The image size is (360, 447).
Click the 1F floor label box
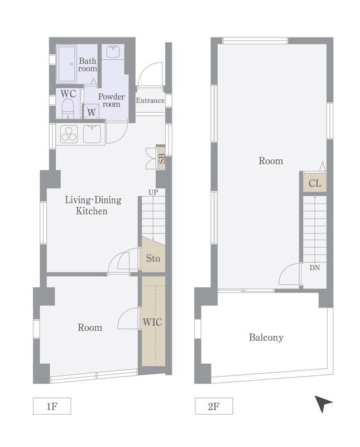pos(52,406)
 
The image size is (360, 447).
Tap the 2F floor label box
pos(214,406)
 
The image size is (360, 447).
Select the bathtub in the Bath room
pos(67,64)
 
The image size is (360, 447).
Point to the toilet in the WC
pos(68,108)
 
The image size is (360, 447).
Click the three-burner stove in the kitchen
pos(69,134)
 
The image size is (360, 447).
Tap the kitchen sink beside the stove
pos(92,134)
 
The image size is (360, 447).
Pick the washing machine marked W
pos(91,111)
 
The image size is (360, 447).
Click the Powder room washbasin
pos(113,52)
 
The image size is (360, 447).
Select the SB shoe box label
pos(161,159)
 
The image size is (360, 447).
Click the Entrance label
pos(150,101)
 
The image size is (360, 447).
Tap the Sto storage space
pos(153,255)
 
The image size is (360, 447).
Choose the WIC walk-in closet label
pos(152,322)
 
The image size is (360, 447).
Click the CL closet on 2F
pos(315,183)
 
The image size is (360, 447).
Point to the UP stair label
pos(153,192)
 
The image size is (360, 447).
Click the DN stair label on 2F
pos(315,268)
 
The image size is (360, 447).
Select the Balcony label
pos(266,337)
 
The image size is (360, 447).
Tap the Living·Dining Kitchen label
pos(93,205)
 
